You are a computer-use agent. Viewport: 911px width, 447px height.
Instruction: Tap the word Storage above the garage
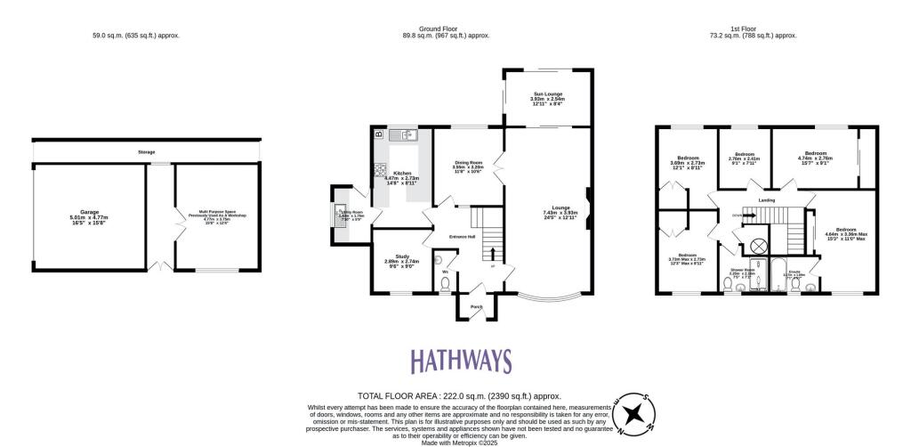click(146, 152)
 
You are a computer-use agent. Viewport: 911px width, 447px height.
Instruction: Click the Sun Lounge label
click(548, 93)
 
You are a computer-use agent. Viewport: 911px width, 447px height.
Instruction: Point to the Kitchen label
click(401, 174)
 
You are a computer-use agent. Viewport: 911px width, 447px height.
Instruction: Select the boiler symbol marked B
click(379, 134)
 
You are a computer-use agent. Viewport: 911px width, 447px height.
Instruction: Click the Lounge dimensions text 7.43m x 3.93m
click(560, 213)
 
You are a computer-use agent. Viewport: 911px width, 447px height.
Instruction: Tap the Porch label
click(476, 307)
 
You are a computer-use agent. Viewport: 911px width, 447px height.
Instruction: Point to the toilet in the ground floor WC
click(447, 283)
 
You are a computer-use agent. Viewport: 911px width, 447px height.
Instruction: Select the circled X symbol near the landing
click(759, 244)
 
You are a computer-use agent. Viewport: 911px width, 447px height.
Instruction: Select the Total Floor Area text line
click(460, 395)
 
